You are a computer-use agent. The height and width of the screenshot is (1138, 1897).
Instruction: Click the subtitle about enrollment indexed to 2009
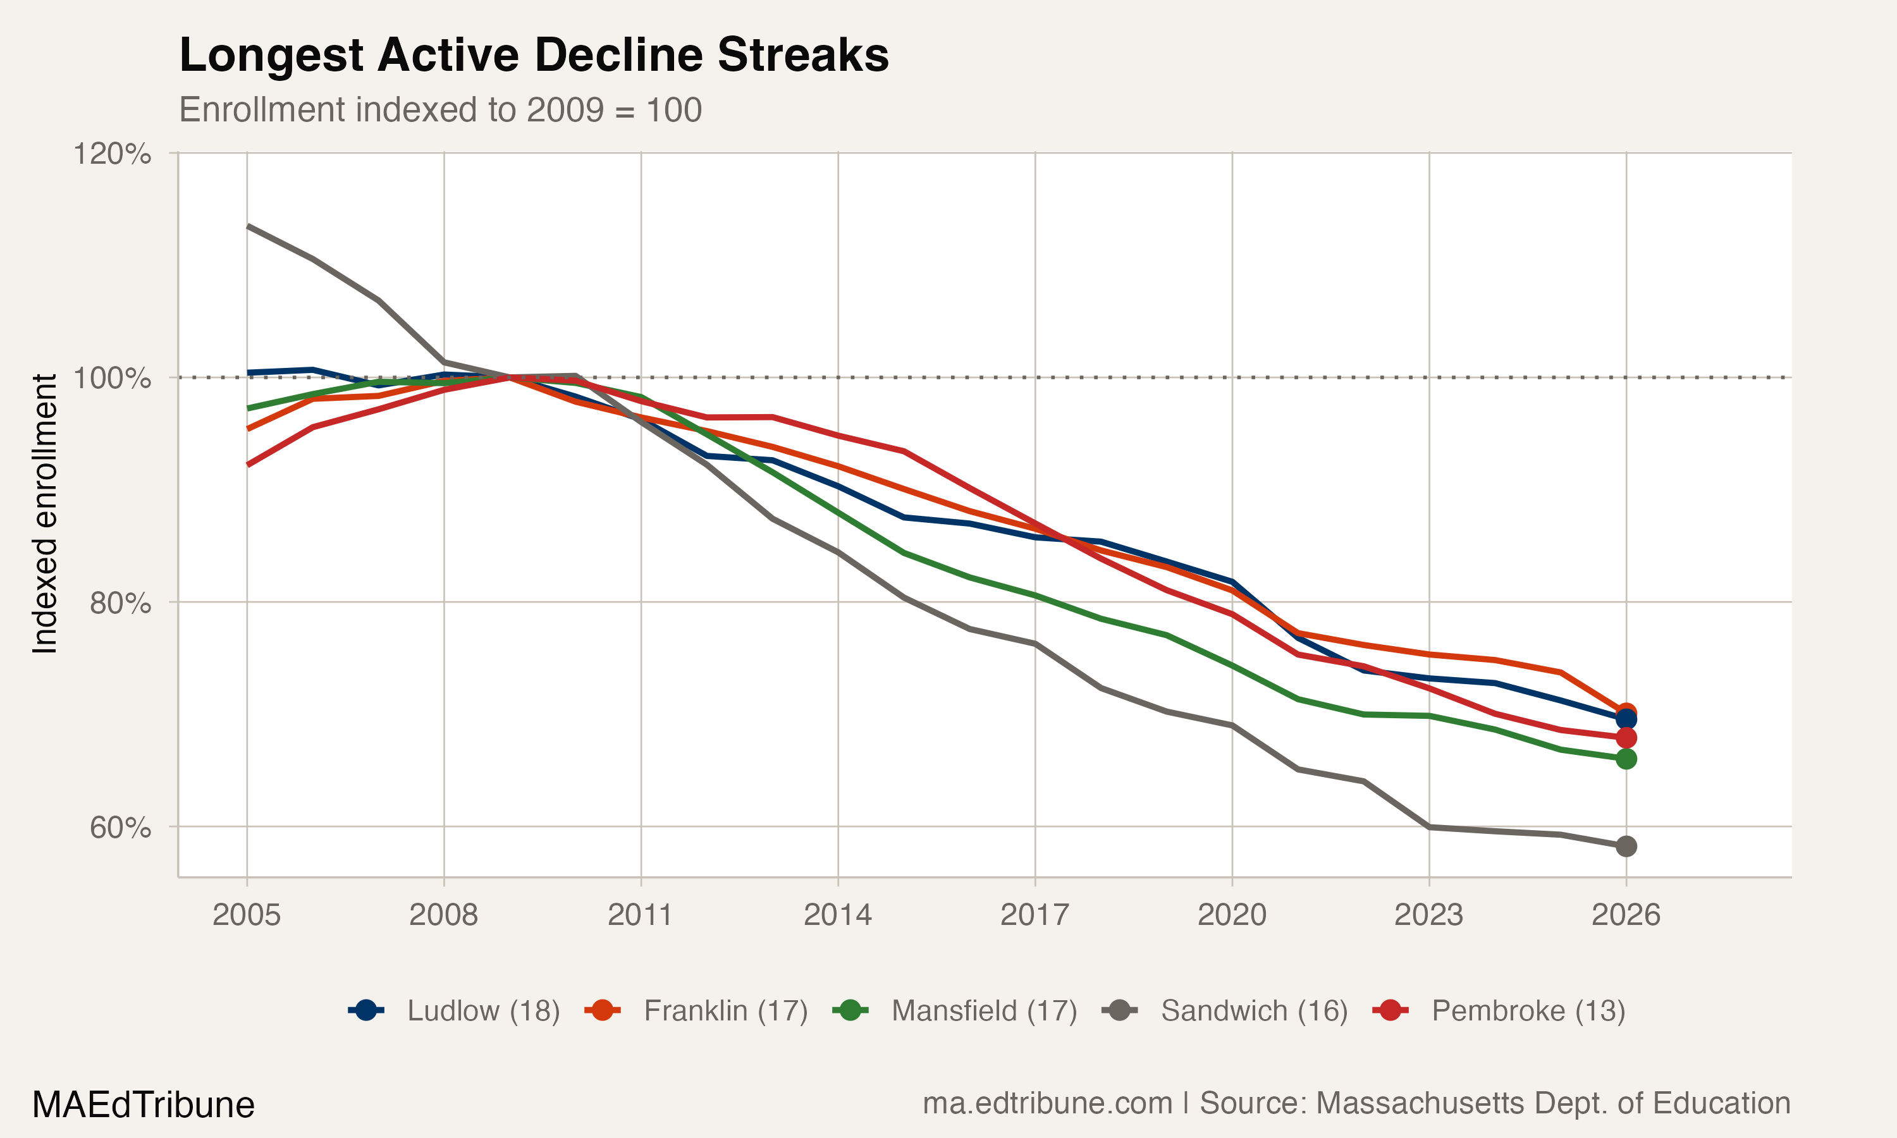pyautogui.click(x=440, y=111)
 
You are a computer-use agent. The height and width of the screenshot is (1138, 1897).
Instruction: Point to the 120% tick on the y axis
pyautogui.click(x=111, y=154)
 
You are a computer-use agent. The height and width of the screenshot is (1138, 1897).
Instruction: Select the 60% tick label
pyautogui.click(x=120, y=828)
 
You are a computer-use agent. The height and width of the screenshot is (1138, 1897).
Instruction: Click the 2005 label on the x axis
pyautogui.click(x=246, y=915)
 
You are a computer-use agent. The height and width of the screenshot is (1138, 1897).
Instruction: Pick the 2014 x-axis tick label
pyautogui.click(x=837, y=915)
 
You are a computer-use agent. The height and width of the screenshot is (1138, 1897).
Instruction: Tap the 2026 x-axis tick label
pyautogui.click(x=1626, y=915)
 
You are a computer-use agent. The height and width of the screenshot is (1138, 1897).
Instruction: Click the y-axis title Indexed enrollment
pyautogui.click(x=44, y=514)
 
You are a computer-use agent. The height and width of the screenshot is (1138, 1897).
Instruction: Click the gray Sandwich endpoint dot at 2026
pyautogui.click(x=1626, y=847)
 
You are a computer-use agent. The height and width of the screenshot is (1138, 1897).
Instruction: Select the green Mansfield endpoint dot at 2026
pyautogui.click(x=1626, y=759)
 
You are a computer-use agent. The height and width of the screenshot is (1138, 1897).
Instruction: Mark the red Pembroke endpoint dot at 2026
pyautogui.click(x=1626, y=738)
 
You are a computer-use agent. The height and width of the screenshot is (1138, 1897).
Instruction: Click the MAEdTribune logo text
pyautogui.click(x=144, y=1105)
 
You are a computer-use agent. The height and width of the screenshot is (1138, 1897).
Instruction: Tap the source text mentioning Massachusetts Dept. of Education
pyautogui.click(x=1356, y=1103)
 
